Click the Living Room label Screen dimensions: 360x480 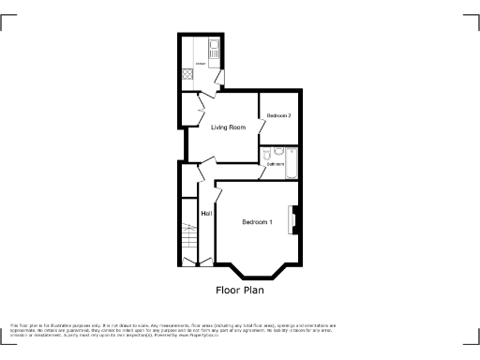(x=228, y=127)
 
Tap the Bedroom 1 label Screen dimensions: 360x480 (x=257, y=222)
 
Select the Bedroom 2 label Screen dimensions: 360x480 (x=278, y=115)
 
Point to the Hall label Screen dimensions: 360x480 (x=205, y=213)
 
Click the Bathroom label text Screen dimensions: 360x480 (x=275, y=164)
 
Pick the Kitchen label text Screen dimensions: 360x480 (x=199, y=64)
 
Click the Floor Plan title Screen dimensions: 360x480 (x=241, y=290)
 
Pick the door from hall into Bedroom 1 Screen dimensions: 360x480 (x=217, y=193)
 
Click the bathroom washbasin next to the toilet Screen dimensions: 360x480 (x=278, y=150)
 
